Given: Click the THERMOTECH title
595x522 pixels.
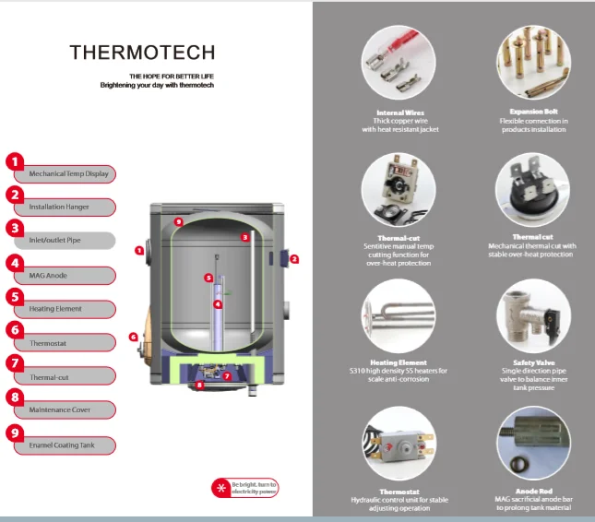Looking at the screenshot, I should click(x=142, y=53).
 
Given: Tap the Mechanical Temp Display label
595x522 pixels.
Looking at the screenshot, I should click(x=68, y=173).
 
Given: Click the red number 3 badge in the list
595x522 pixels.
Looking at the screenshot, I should click(x=15, y=228).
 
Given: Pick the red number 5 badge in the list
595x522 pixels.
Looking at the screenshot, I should click(x=15, y=296).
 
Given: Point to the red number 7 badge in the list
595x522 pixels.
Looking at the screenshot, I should click(x=15, y=362).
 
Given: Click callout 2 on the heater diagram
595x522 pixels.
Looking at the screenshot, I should click(x=294, y=259).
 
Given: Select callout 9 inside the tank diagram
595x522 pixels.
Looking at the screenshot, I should click(x=179, y=222).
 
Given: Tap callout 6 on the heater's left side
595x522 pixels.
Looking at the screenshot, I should click(x=133, y=337).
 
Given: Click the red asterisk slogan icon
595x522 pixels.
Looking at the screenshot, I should click(x=220, y=487).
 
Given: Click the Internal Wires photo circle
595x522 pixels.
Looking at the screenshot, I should click(x=400, y=65).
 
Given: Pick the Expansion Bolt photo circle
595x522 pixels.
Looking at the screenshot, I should click(x=532, y=65).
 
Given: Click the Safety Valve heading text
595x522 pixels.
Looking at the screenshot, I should click(x=532, y=363).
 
